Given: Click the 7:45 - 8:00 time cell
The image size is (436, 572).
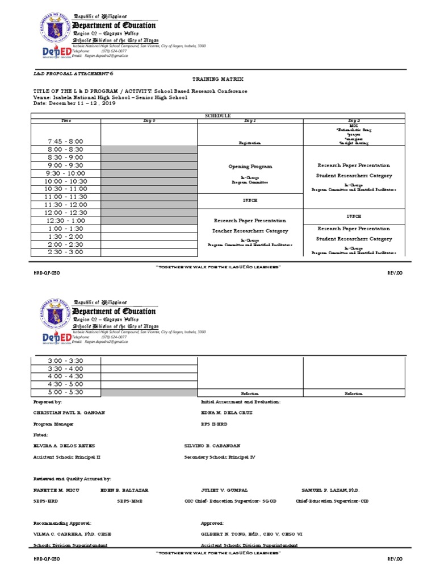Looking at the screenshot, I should coord(65,141).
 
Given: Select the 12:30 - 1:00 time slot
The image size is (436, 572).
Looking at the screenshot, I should coord(65,220).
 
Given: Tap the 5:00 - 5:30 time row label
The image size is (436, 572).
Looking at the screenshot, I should coord(65,392).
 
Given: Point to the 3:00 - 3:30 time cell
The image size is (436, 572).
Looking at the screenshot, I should coord(65,360).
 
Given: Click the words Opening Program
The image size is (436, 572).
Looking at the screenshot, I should coord(250,167).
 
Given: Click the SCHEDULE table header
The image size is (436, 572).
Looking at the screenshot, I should coord(217,115).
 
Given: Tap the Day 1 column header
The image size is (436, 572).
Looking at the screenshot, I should coord(250,121).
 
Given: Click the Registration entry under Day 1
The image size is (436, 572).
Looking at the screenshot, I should coord(250,143).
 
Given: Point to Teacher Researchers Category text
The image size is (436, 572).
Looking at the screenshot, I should coord(250,231).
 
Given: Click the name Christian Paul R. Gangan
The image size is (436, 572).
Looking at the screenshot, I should coord(69,412).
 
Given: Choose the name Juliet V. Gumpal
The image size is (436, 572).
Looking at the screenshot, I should coord(224,490).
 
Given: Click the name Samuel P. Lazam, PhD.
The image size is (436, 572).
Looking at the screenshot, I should coord(330,490).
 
